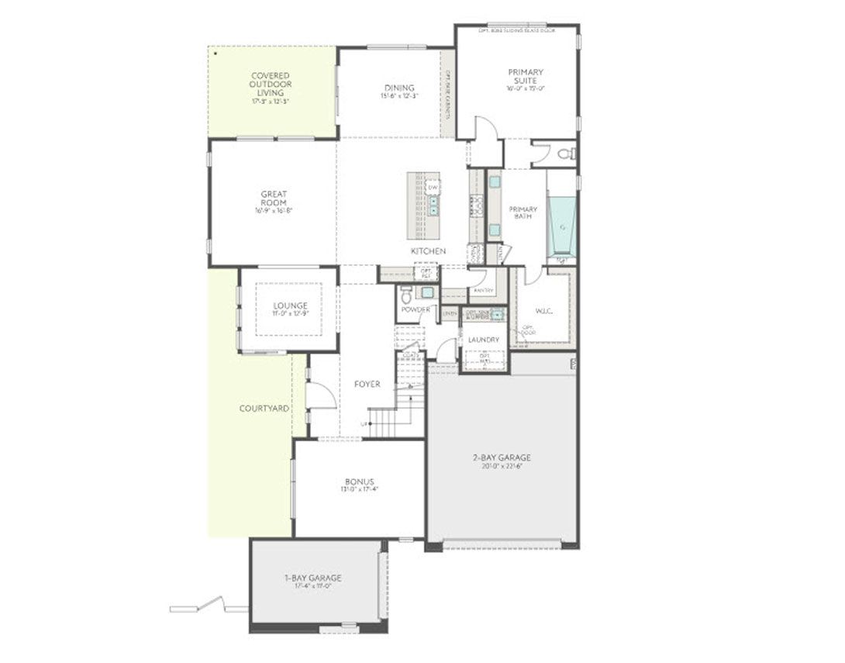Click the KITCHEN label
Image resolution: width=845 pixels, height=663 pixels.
pyautogui.click(x=429, y=252)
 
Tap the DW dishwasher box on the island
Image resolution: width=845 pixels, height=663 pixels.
pyautogui.click(x=433, y=188)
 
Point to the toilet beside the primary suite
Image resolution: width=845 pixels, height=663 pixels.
pyautogui.click(x=568, y=154)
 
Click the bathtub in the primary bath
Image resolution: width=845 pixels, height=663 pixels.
pyautogui.click(x=561, y=226)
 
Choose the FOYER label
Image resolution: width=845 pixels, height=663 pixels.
pyautogui.click(x=367, y=385)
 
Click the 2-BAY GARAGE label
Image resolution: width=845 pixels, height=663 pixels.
pyautogui.click(x=502, y=458)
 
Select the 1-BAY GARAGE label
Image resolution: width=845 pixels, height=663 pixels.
pyautogui.click(x=312, y=578)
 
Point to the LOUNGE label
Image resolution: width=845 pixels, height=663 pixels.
pyautogui.click(x=290, y=306)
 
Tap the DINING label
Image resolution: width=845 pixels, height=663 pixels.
pyautogui.click(x=399, y=88)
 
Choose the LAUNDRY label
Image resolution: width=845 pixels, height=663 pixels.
pyautogui.click(x=483, y=340)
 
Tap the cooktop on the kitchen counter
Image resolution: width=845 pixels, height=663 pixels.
pyautogui.click(x=476, y=205)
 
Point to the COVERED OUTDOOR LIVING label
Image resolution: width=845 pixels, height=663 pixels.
pyautogui.click(x=271, y=85)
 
